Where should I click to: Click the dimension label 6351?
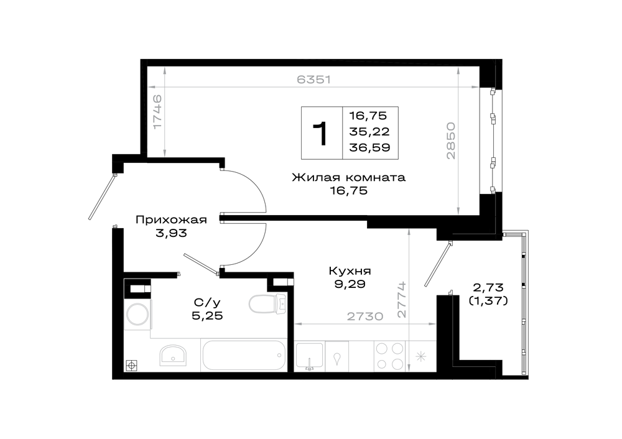[x=313, y=80]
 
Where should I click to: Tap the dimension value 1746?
[x=157, y=111]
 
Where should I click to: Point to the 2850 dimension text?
[x=450, y=141]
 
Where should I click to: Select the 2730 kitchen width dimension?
[x=365, y=317]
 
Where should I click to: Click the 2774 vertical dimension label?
[x=402, y=300]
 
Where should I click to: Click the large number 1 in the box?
[x=320, y=134]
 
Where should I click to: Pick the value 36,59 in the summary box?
[x=369, y=147]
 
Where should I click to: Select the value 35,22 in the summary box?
[x=369, y=132]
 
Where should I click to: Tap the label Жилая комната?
[x=349, y=177]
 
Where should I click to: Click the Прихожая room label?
[x=171, y=220]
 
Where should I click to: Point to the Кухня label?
[x=350, y=271]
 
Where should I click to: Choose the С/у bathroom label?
[x=207, y=303]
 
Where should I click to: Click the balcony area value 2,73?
[x=488, y=287]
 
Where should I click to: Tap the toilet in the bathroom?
[x=267, y=304]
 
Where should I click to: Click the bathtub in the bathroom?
[x=244, y=355]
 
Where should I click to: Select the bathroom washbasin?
[x=173, y=354]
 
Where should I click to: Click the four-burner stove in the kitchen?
[x=389, y=356]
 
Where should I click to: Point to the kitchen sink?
[x=310, y=356]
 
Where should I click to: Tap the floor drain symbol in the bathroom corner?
[x=132, y=365]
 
